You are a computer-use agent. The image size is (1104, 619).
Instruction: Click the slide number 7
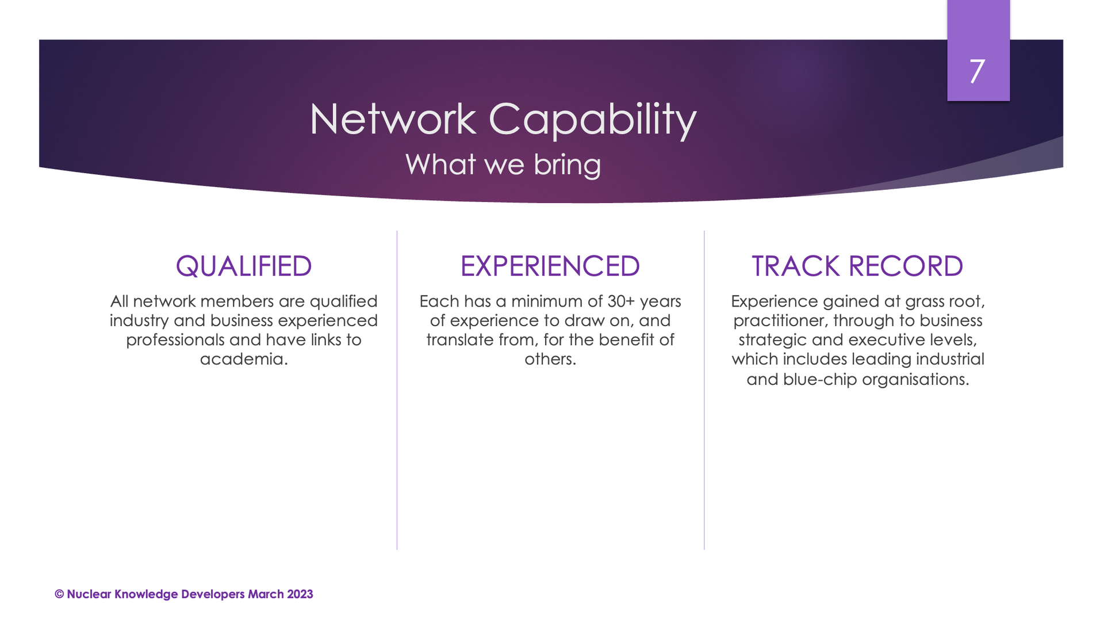tap(977, 71)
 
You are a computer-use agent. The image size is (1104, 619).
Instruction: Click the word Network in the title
tap(393, 119)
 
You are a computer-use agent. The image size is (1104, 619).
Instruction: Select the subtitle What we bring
tap(503, 165)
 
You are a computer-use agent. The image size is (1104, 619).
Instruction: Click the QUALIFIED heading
tap(244, 266)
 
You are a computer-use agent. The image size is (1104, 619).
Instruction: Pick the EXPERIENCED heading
tap(550, 266)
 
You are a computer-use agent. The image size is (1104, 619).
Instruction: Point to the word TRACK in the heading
tap(796, 266)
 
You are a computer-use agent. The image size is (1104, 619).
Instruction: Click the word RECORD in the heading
tap(906, 266)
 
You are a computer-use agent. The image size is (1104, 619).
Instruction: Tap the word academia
tap(242, 359)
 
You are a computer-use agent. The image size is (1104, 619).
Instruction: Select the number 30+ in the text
tap(621, 301)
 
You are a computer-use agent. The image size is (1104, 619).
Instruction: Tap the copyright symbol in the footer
tap(59, 594)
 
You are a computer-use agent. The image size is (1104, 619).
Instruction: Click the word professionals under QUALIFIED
tap(175, 340)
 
